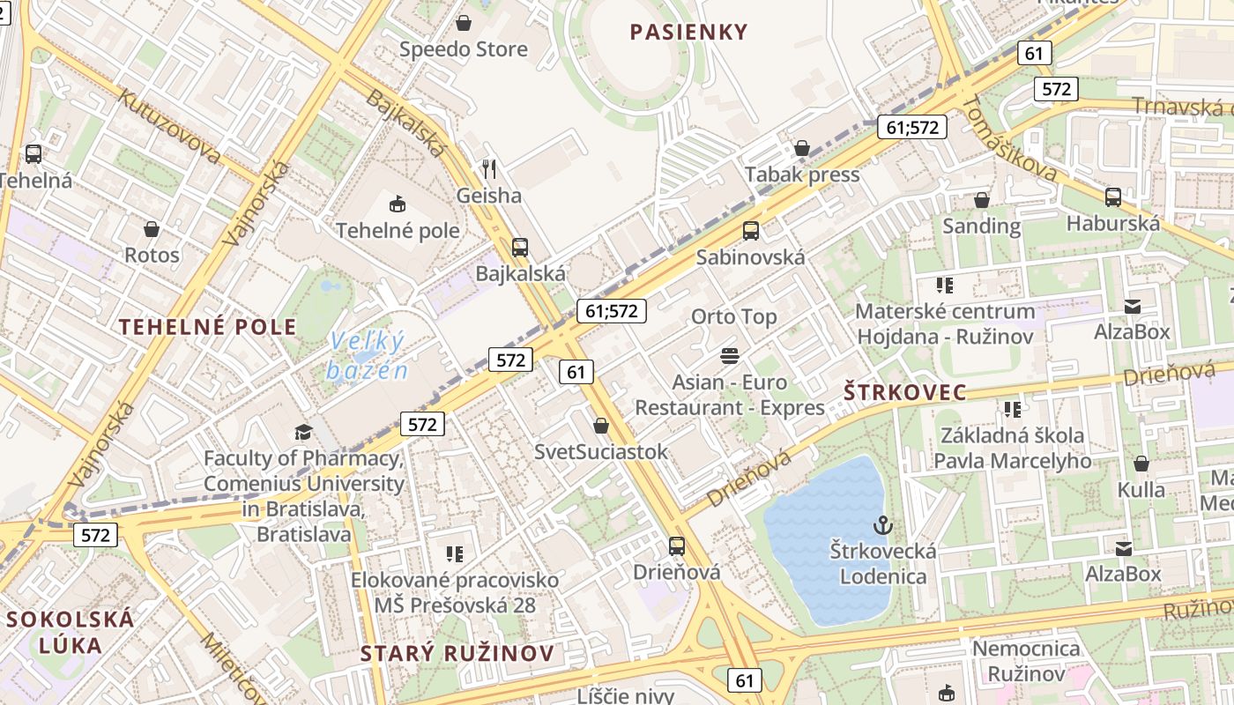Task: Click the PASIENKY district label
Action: pos(688,33)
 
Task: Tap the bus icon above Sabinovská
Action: pos(751,231)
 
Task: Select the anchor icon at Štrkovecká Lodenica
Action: pos(882,526)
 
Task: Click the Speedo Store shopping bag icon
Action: pos(463,23)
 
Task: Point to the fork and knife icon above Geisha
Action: pos(489,168)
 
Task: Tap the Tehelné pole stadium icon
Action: pos(398,204)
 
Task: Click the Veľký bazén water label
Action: pos(367,354)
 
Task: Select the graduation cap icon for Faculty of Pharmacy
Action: pos(303,432)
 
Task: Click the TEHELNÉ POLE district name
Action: pos(208,327)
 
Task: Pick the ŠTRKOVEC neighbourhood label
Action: pos(905,392)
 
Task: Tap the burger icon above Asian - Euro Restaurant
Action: pos(730,356)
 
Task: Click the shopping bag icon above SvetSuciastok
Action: pos(601,426)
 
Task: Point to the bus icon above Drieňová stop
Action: pos(677,545)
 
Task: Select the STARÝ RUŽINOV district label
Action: pos(457,653)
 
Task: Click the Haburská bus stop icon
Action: pos(1113,197)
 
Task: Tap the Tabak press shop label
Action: pos(802,174)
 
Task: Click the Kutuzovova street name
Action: pos(169,126)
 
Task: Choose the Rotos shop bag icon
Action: pos(152,229)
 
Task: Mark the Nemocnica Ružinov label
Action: pos(1025,661)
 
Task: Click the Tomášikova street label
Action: pos(1009,139)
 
